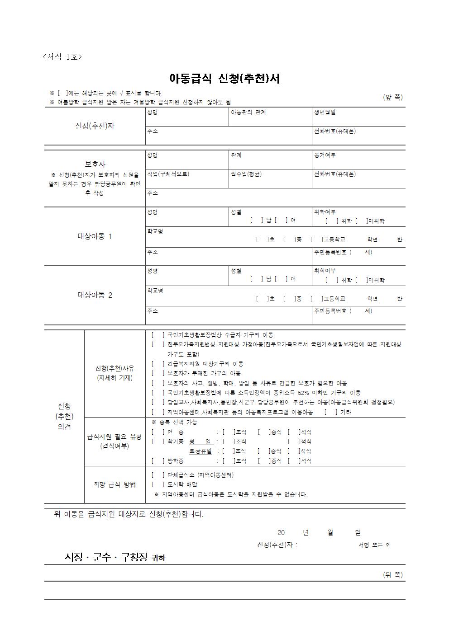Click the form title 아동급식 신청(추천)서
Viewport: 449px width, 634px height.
click(224, 79)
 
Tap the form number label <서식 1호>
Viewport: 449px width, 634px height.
click(62, 57)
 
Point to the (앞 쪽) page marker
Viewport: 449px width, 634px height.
click(392, 97)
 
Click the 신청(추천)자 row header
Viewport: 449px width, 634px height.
click(95, 126)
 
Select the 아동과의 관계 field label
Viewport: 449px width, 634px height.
click(248, 112)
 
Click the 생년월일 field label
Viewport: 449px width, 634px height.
click(325, 112)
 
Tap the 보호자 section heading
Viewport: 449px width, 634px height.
click(95, 164)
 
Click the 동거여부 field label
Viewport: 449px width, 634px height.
click(325, 155)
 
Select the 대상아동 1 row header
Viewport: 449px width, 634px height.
click(95, 236)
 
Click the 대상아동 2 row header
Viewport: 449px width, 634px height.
click(95, 295)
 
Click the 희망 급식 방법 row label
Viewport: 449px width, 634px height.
click(115, 484)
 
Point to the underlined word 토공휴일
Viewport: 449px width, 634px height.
click(200, 451)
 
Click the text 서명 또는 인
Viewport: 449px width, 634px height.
click(374, 545)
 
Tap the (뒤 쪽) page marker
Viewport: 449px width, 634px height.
click(392, 575)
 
